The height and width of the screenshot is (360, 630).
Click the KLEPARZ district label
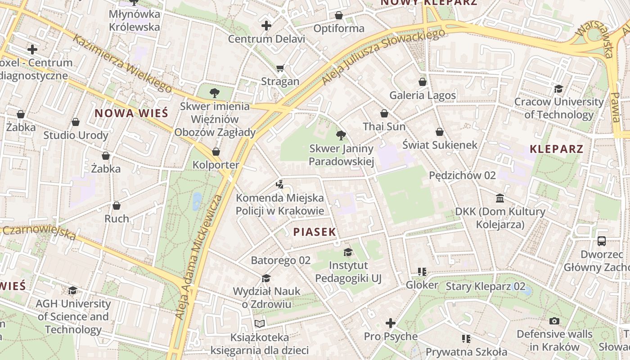tap(557, 149)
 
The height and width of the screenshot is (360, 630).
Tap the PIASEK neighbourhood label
tap(315, 232)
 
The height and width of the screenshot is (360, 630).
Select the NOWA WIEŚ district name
tap(131, 113)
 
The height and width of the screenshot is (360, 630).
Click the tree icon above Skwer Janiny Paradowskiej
tap(341, 135)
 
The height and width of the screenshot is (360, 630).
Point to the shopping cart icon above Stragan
tap(280, 68)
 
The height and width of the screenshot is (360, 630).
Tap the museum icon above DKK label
tap(500, 198)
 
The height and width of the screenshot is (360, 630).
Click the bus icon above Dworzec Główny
tap(602, 241)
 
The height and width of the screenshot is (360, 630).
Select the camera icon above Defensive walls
tap(554, 321)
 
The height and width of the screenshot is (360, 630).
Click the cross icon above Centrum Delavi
tap(266, 26)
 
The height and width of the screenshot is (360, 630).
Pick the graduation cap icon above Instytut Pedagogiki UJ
tap(348, 252)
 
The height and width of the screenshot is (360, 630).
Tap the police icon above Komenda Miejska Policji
tap(280, 184)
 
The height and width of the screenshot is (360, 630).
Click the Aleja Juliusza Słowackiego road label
tap(383, 57)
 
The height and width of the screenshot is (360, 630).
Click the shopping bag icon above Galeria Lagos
tap(423, 82)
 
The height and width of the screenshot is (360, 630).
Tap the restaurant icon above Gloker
tap(422, 271)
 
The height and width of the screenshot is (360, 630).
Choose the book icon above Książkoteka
tap(260, 324)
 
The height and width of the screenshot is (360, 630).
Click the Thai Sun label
tap(384, 126)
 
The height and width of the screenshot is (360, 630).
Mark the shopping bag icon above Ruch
tap(117, 206)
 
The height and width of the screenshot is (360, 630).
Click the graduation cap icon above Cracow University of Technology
tap(558, 89)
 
